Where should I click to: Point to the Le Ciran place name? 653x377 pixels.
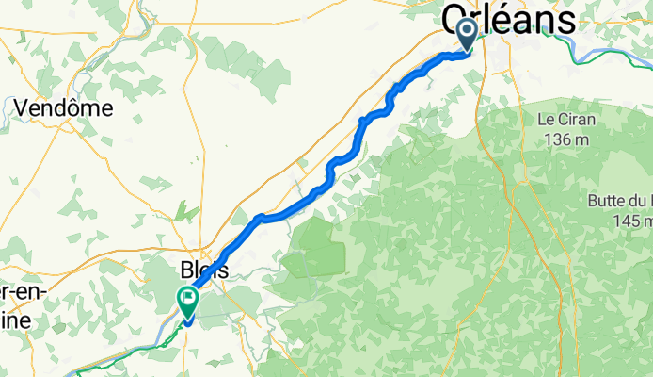[x=564, y=121]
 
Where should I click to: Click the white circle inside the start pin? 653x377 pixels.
[x=467, y=30]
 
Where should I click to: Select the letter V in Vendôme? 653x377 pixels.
[x=21, y=108]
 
